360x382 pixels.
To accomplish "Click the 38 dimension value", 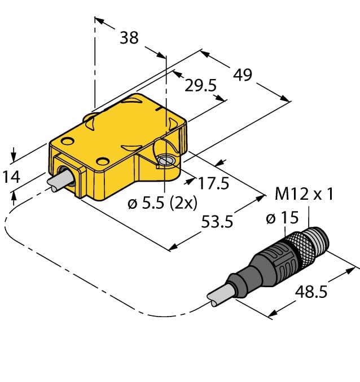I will click(130, 38).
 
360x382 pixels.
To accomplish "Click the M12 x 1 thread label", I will click(304, 195).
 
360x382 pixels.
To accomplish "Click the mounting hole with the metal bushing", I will click(166, 161).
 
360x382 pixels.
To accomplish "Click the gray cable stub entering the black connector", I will click(217, 296).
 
